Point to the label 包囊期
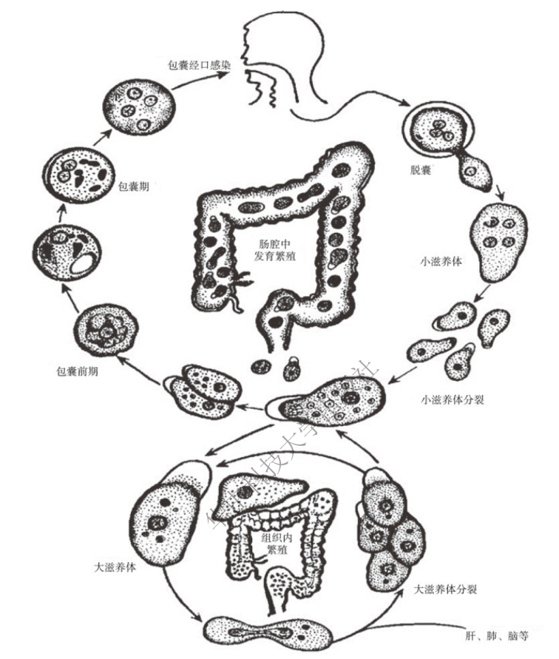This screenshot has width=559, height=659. pyautogui.click(x=133, y=186)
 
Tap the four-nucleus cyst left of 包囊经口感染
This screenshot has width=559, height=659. pyautogui.click(x=138, y=108)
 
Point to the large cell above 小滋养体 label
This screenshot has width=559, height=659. pyautogui.click(x=495, y=239)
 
